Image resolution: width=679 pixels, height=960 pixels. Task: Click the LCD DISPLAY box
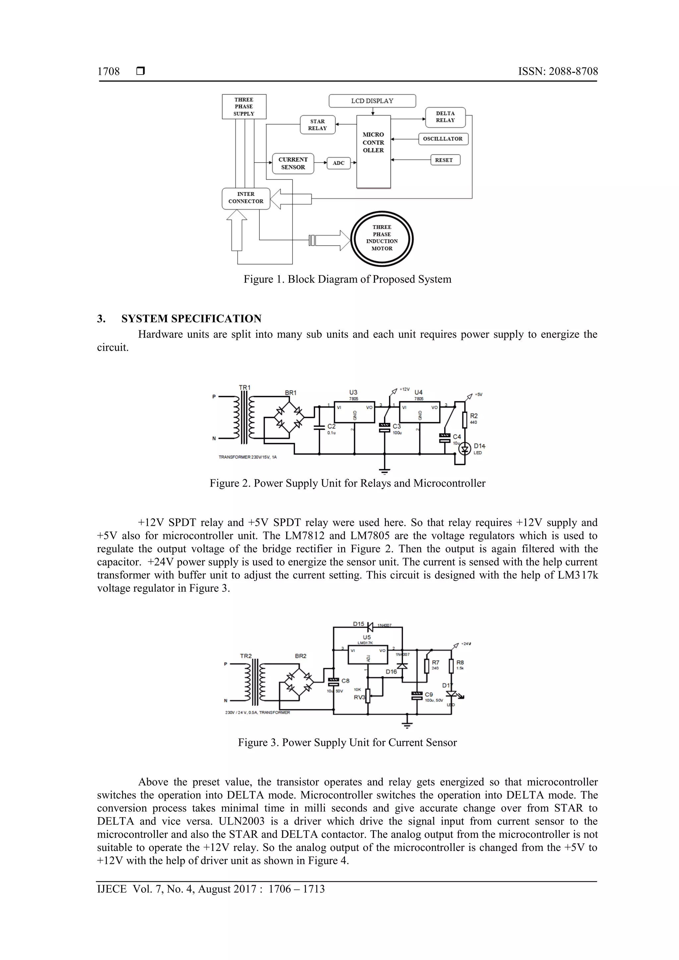pos(372,101)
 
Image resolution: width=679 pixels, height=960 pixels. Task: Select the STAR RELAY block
pos(318,125)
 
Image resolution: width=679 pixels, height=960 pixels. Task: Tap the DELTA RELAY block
pos(445,117)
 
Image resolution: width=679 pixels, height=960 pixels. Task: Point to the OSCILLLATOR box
pos(443,139)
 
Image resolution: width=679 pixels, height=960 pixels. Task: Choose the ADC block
pos(339,163)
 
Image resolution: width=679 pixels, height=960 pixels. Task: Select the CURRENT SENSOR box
pos(293,163)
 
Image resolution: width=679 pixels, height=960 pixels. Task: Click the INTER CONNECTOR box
pos(246,198)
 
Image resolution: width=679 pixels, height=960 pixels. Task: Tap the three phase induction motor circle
pos(382,238)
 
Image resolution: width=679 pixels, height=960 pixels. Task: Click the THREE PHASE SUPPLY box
pos(244,107)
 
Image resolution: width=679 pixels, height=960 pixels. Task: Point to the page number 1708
pos(108,72)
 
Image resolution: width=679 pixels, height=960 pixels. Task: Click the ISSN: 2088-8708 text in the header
pos(558,72)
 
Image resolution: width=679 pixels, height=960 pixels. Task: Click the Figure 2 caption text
pos(347,483)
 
